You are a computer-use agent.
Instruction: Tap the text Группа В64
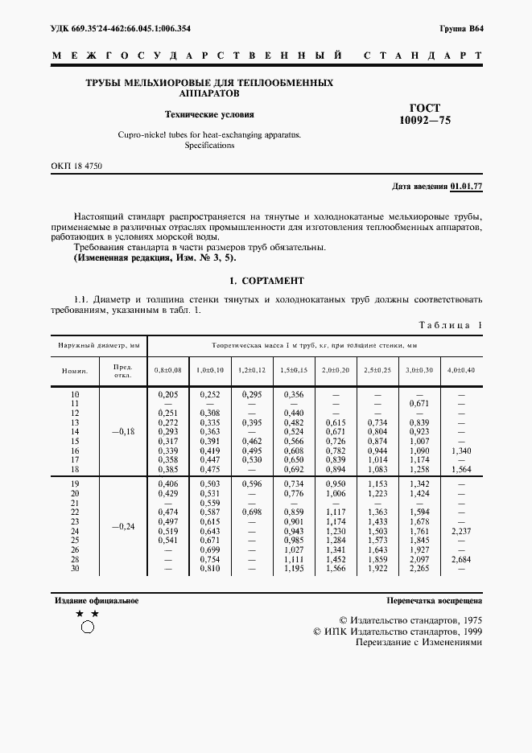(461, 28)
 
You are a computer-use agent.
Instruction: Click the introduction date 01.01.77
(466, 187)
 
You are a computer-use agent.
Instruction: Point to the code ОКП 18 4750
(76, 166)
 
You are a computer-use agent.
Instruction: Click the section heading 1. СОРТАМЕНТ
(266, 281)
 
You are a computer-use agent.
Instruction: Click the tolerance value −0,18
(123, 431)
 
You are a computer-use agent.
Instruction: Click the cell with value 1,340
(461, 452)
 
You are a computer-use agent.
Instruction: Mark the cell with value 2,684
(461, 558)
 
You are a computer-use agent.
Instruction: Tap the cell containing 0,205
(168, 394)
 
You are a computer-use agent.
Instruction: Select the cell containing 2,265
(419, 569)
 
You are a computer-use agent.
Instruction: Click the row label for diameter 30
(76, 569)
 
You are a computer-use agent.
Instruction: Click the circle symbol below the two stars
(88, 627)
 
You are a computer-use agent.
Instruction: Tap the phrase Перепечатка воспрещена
(434, 601)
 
